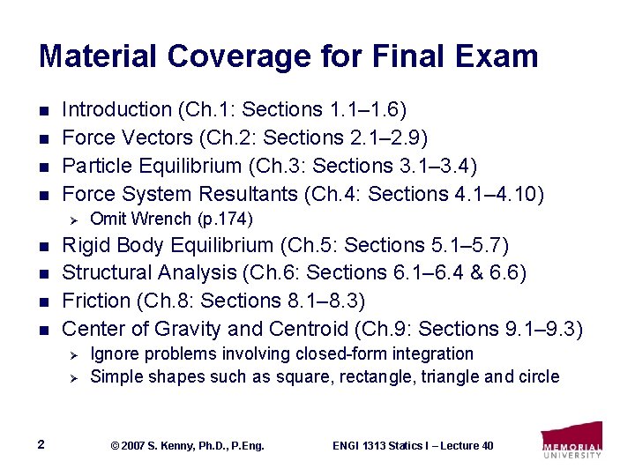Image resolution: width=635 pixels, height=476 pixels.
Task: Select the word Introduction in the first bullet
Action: coord(117,110)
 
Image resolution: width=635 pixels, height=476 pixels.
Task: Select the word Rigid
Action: coord(86,244)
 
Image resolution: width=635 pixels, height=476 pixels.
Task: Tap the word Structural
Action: coord(108,272)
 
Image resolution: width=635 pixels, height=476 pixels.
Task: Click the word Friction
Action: coord(96,301)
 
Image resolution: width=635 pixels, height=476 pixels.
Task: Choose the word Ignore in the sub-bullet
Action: coord(114,354)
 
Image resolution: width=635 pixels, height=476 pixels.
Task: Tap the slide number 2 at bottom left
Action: coord(41,444)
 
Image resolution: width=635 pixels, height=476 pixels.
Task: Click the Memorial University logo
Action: coord(571,440)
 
